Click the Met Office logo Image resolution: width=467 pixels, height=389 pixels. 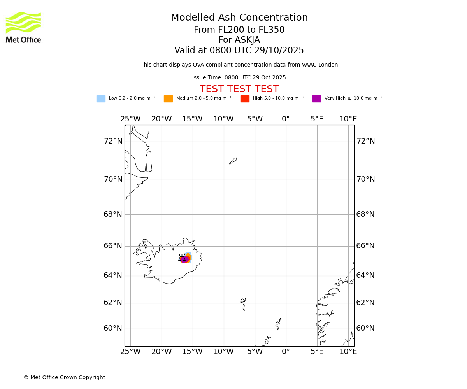[23, 27]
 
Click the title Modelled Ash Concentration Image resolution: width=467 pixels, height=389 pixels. [239, 18]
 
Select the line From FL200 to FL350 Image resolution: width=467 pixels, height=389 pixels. [239, 30]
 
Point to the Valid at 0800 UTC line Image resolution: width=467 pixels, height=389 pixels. [239, 51]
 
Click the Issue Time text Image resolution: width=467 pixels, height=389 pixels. [239, 78]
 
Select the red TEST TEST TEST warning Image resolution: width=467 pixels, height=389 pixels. [239, 89]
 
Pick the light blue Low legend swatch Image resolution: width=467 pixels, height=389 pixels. [101, 99]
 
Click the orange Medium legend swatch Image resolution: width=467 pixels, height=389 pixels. [168, 99]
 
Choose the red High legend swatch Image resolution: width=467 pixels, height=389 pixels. [245, 99]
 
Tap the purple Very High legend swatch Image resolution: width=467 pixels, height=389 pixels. [316, 99]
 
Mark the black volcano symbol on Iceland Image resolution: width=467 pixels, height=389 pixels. [182, 258]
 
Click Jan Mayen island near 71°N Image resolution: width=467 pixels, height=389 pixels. [233, 161]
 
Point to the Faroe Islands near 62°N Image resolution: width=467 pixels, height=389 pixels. [243, 303]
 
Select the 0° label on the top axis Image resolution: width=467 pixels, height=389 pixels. [286, 119]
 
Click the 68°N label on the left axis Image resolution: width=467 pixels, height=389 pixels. [113, 214]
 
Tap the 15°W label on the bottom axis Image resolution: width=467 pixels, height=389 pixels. [192, 352]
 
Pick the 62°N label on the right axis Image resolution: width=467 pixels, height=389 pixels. [365, 303]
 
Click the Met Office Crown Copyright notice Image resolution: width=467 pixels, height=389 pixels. [64, 378]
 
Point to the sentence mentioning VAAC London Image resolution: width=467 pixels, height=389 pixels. [239, 65]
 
